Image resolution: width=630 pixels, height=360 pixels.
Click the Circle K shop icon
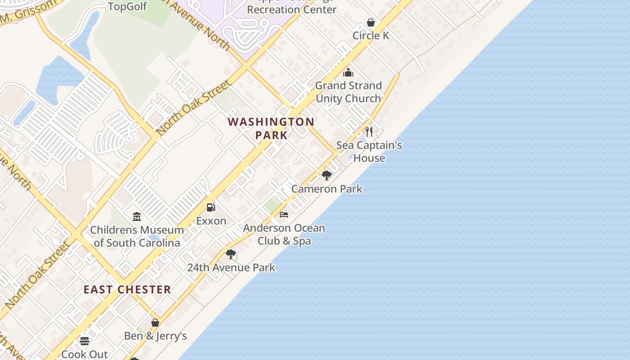pyautogui.click(x=371, y=22)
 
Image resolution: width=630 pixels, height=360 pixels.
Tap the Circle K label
pyautogui.click(x=371, y=36)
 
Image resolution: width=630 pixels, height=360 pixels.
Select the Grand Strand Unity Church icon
pyautogui.click(x=348, y=72)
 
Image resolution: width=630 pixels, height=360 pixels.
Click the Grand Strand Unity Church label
pyautogui.click(x=348, y=92)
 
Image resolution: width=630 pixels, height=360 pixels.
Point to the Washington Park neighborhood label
pyautogui.click(x=271, y=128)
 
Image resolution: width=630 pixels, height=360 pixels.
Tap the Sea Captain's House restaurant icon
pyautogui.click(x=369, y=131)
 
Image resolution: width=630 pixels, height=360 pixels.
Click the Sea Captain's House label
pyautogui.click(x=369, y=152)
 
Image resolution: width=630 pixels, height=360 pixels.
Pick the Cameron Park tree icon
pyautogui.click(x=327, y=175)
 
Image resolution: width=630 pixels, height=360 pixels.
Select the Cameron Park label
pyautogui.click(x=327, y=189)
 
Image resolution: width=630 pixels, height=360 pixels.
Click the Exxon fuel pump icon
pyautogui.click(x=211, y=207)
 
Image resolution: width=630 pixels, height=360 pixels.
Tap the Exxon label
pyautogui.click(x=211, y=221)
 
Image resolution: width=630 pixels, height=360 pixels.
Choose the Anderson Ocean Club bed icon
pyautogui.click(x=284, y=215)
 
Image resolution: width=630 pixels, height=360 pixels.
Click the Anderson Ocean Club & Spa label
pyautogui.click(x=284, y=234)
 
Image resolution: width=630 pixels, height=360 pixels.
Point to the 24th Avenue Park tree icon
pyautogui.click(x=231, y=254)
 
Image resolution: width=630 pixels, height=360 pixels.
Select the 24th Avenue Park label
pyautogui.click(x=231, y=267)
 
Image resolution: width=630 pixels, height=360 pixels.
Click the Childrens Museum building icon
pyautogui.click(x=137, y=217)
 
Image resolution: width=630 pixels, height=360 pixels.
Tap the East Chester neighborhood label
pyautogui.click(x=127, y=289)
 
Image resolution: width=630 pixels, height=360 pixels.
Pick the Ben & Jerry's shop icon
pyautogui.click(x=155, y=323)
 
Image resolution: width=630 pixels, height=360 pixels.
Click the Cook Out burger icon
pyautogui.click(x=85, y=341)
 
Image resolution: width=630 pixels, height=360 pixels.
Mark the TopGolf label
pyautogui.click(x=127, y=6)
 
